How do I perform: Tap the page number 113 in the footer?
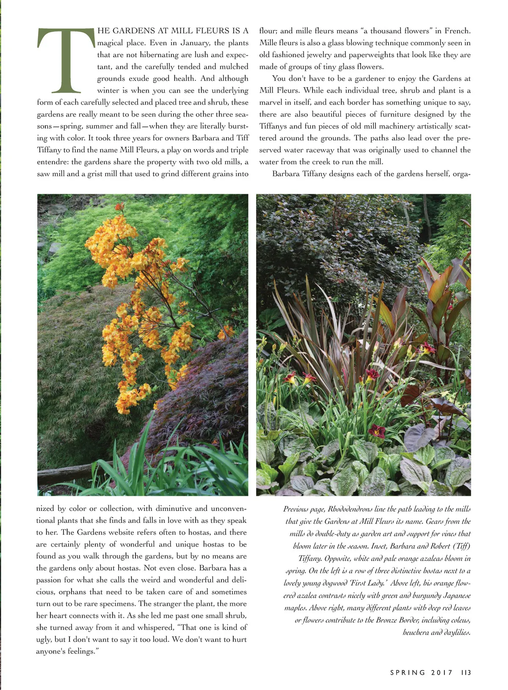466,672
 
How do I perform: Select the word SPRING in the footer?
408,672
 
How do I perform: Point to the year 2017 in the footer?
442,672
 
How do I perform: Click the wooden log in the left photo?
68,473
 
